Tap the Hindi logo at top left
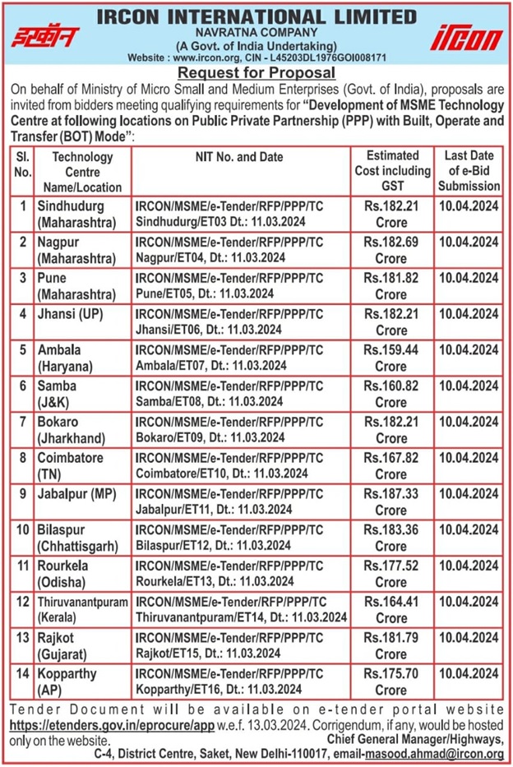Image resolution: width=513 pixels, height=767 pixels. tap(46, 38)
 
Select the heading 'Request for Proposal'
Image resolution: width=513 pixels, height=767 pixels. tap(256, 72)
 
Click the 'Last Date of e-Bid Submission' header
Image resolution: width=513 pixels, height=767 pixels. tap(469, 171)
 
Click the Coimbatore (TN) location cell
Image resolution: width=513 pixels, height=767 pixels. tap(79, 465)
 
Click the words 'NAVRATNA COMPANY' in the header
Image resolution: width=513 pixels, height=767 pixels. tap(256, 31)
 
